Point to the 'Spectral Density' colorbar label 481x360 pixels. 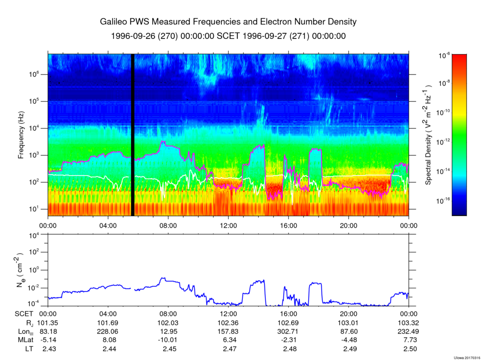[428, 135]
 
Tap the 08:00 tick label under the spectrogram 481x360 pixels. [168, 225]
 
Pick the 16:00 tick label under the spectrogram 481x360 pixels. [288, 225]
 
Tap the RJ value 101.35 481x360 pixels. [48, 323]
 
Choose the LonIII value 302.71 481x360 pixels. [288, 331]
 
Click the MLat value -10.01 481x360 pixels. [168, 340]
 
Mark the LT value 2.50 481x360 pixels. [409, 349]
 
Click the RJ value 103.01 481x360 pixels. [349, 323]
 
